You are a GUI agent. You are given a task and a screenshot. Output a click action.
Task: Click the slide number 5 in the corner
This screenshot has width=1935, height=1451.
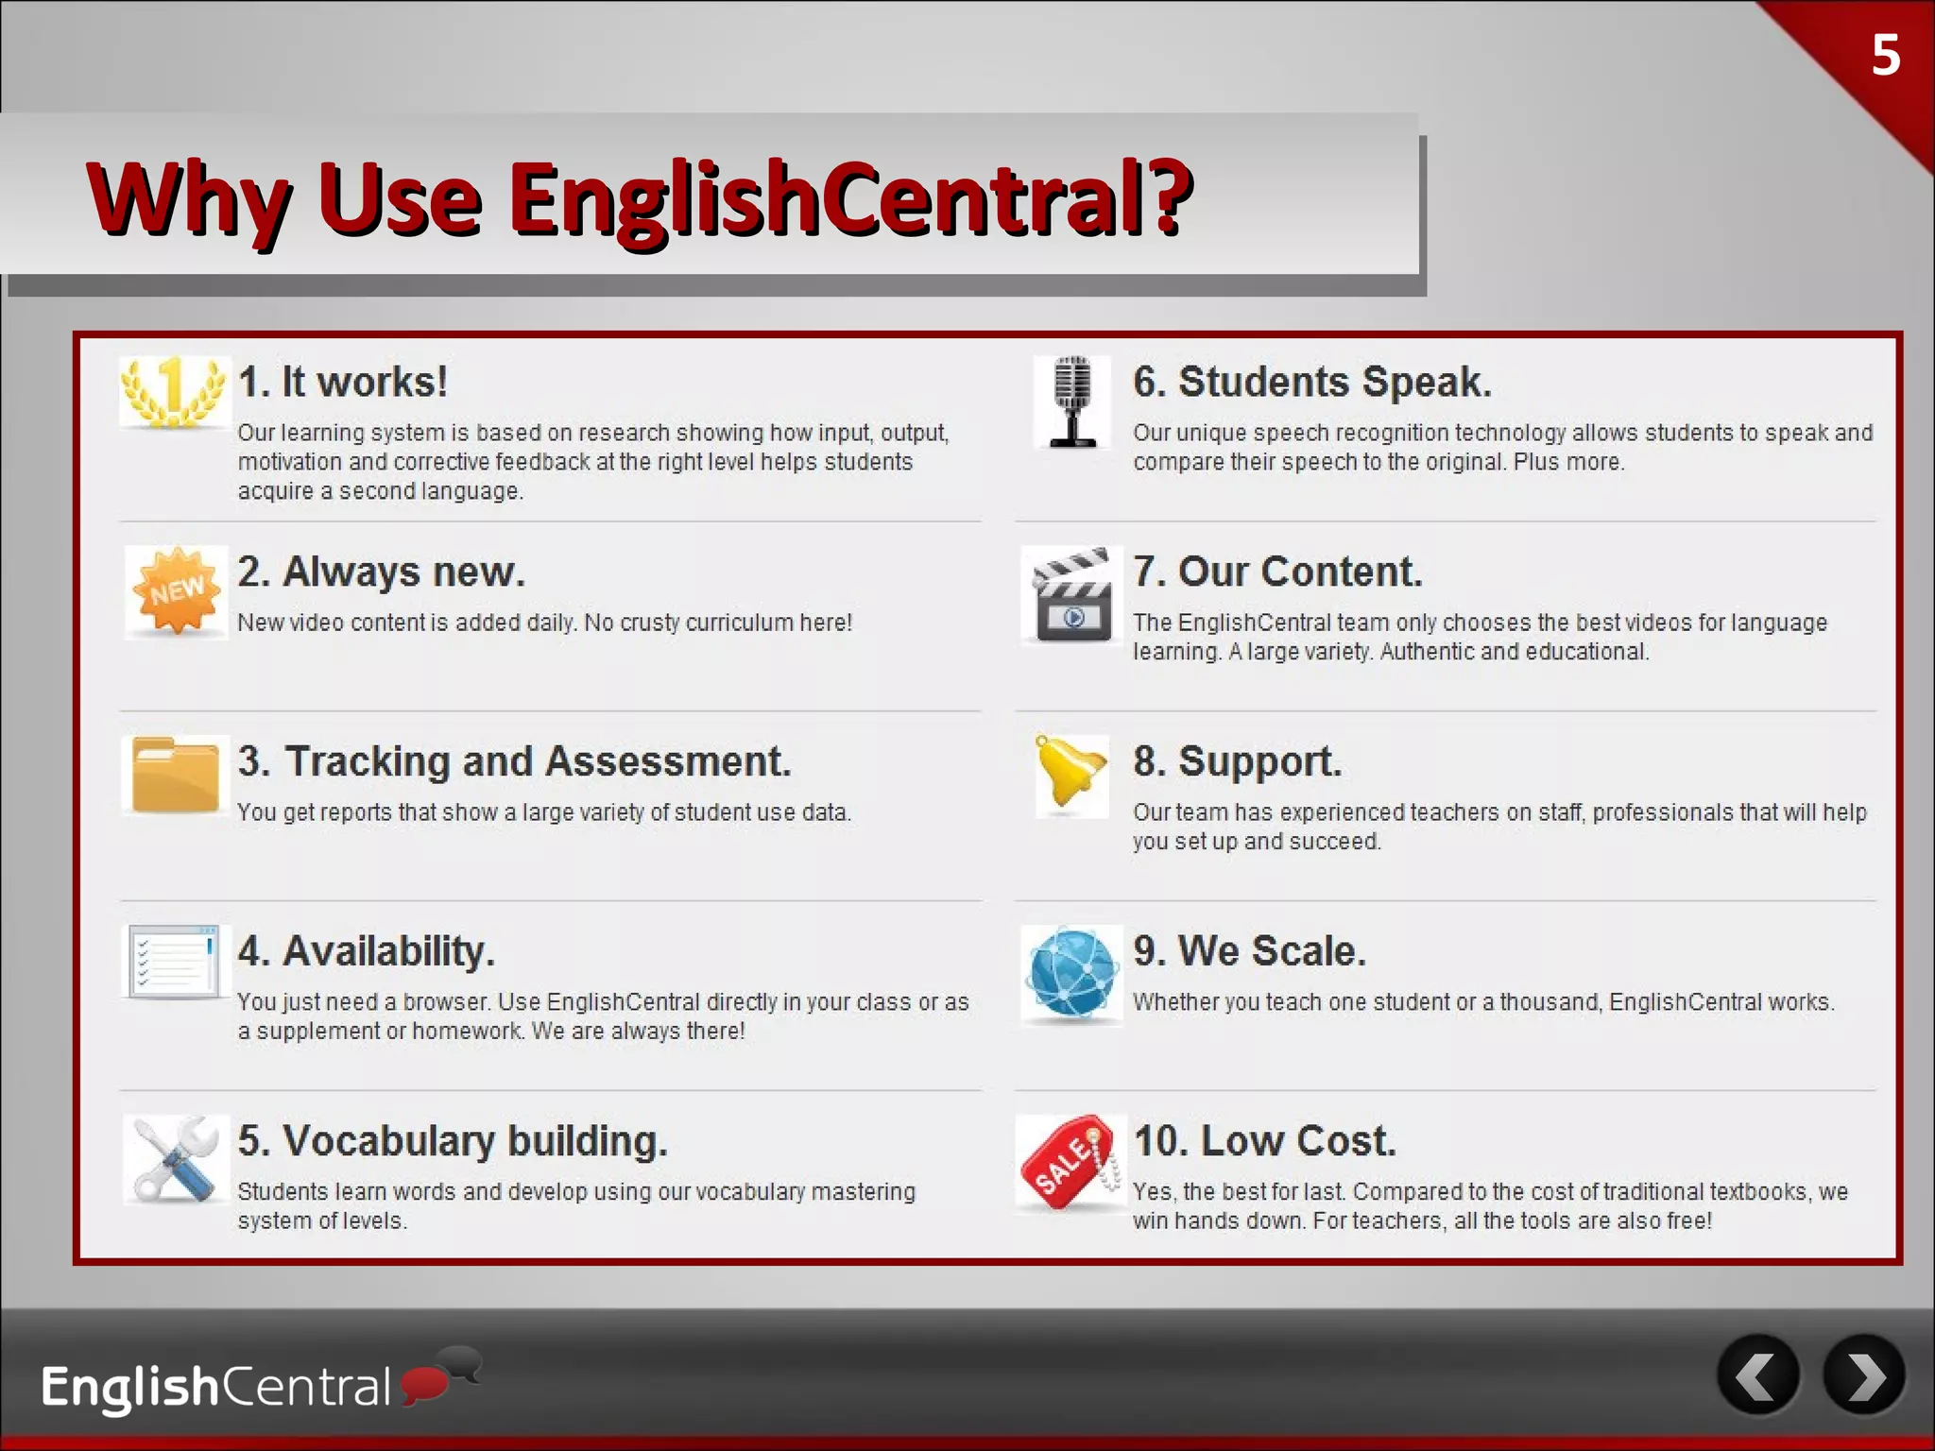click(x=1885, y=56)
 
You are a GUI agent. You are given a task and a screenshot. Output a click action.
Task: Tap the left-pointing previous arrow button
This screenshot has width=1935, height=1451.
click(x=1758, y=1375)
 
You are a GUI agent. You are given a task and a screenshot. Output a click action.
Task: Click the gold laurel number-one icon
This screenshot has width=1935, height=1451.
click(x=174, y=391)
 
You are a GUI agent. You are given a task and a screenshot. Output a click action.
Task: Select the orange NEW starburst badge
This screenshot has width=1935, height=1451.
click(x=177, y=590)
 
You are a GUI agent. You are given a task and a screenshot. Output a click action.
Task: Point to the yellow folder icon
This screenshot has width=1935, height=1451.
click(x=175, y=775)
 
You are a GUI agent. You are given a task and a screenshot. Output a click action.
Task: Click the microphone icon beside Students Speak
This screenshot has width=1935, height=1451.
click(x=1071, y=401)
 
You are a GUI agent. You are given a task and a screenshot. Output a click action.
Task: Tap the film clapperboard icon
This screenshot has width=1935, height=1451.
click(x=1071, y=595)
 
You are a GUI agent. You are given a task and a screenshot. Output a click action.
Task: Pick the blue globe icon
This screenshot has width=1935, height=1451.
click(x=1071, y=973)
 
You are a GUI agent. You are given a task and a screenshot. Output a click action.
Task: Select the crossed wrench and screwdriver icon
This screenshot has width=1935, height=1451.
click(x=176, y=1159)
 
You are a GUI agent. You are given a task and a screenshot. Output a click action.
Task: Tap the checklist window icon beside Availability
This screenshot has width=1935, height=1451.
click(x=174, y=961)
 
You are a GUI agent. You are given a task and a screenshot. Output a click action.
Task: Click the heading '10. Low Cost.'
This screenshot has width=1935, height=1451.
click(x=1264, y=1141)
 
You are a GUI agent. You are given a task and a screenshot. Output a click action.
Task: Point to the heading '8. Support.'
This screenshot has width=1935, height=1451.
click(x=1237, y=761)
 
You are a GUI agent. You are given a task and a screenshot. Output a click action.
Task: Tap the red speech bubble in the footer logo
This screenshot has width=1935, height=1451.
click(x=424, y=1384)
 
